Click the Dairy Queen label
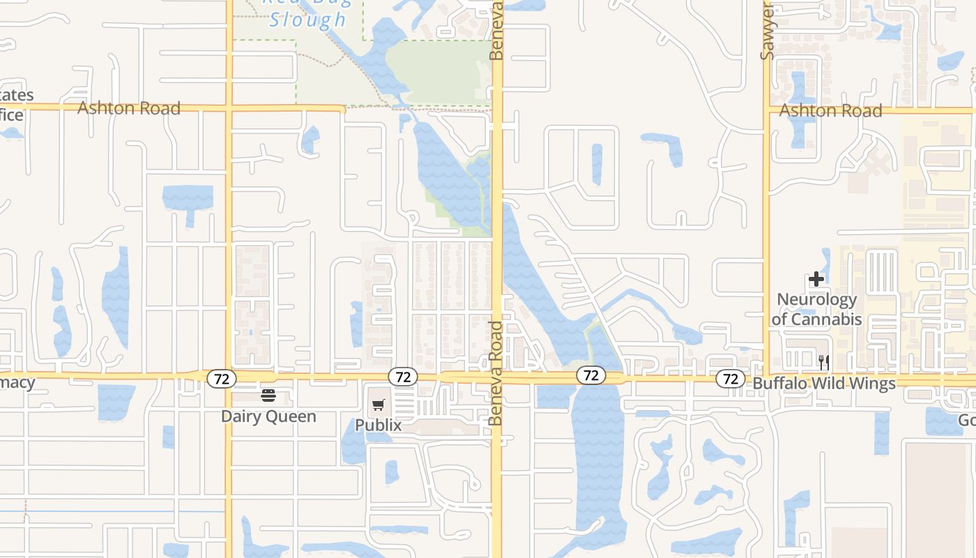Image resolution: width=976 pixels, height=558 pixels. pos(268,416)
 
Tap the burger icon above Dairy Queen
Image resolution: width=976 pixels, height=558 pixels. pos(268,396)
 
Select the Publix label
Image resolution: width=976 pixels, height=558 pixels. pos(379,425)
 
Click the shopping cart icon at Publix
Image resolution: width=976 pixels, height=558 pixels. pos(379,405)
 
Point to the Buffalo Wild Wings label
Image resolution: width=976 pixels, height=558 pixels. pos(824,383)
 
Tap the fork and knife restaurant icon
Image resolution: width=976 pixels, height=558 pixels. pos(824,362)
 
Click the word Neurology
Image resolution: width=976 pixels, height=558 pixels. pos(816,300)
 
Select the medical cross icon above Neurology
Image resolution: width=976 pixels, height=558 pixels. pos(816,280)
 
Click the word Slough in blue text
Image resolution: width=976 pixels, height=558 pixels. pos(307,20)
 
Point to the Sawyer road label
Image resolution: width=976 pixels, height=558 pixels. pos(768,33)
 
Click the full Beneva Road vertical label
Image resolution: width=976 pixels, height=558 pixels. pos(496,373)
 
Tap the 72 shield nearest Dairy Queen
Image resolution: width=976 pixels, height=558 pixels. pos(222,379)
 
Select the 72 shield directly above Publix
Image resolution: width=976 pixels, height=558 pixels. pos(402,377)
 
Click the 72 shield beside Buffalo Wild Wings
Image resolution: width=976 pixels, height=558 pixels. pos(730,379)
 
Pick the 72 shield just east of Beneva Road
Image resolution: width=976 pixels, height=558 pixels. pos(590,375)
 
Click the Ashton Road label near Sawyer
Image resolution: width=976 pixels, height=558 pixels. pos(830,110)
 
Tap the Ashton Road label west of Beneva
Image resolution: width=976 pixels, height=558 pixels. pos(129,107)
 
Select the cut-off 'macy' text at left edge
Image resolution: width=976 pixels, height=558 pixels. pos(17,382)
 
